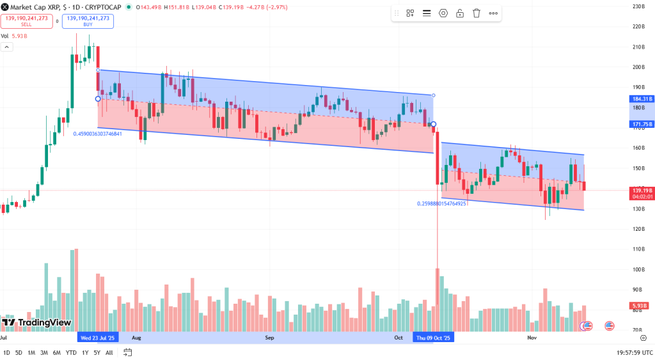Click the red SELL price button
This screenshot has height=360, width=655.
(26, 20)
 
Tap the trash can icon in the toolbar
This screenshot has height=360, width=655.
(477, 13)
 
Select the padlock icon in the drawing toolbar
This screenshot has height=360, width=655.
(460, 13)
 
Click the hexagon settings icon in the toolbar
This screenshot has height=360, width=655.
(443, 13)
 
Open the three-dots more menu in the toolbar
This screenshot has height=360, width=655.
(493, 13)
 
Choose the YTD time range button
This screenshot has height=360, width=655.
(71, 352)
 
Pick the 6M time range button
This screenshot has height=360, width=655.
(57, 352)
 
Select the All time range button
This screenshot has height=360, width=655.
(109, 352)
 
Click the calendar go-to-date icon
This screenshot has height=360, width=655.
(128, 352)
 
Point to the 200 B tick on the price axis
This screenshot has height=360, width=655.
(638, 67)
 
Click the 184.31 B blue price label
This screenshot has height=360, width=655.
(642, 99)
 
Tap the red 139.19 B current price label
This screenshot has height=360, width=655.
(642, 191)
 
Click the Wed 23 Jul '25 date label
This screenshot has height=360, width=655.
(98, 337)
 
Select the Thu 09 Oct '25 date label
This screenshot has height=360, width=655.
(434, 337)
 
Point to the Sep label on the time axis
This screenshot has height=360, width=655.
(269, 337)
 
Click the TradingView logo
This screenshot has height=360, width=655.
(36, 323)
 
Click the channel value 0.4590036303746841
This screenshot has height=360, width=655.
(106, 134)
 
